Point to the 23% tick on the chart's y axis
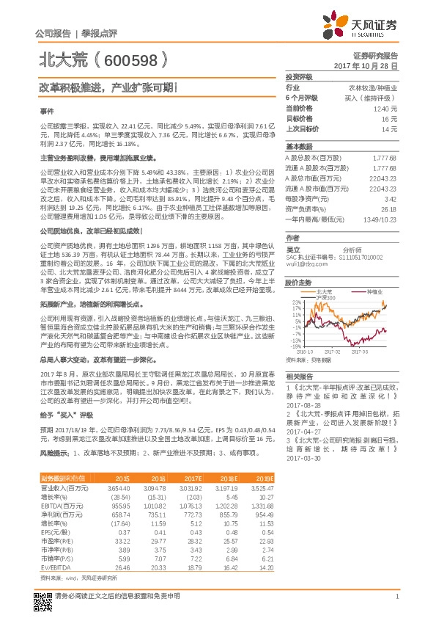[x=295, y=302]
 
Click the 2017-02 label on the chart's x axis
[x=348, y=352]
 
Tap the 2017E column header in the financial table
[x=193, y=478]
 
